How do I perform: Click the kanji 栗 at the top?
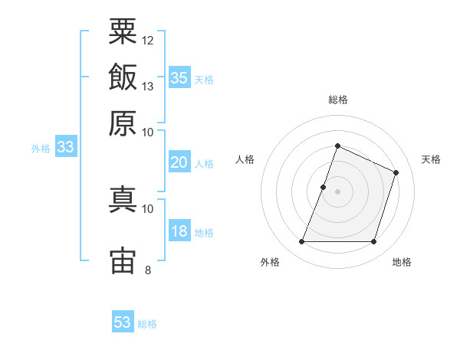click(x=123, y=31)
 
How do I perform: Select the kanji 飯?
click(x=123, y=77)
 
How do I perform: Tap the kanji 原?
click(x=123, y=123)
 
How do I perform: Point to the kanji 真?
click(x=123, y=199)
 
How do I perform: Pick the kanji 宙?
click(x=123, y=260)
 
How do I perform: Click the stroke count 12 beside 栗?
click(x=147, y=41)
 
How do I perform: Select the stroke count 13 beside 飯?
click(x=147, y=87)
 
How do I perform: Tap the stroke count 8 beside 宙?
click(x=148, y=270)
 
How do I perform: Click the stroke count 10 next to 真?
click(x=147, y=209)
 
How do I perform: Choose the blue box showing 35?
click(x=179, y=77)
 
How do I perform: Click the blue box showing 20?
click(x=179, y=162)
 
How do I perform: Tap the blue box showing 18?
click(x=179, y=230)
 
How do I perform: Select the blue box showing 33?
click(x=66, y=146)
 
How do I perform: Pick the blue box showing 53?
click(x=123, y=321)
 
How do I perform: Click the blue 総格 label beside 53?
click(x=147, y=324)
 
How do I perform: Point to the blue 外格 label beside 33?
click(x=41, y=149)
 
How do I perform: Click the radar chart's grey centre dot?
click(x=337, y=191)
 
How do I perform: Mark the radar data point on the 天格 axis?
click(x=396, y=172)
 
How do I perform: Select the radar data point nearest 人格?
click(x=323, y=187)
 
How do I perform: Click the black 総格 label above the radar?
click(x=338, y=100)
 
